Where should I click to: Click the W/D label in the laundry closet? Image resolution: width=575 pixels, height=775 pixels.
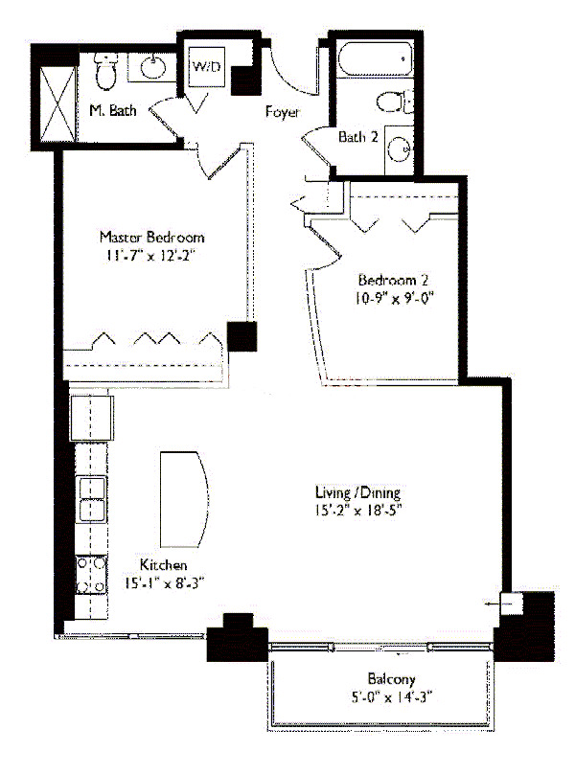click(205, 68)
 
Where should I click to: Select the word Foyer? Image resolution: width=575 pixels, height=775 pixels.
click(283, 112)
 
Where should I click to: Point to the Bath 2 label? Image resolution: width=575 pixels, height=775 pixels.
click(358, 137)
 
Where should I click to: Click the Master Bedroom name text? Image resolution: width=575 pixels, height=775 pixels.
click(152, 237)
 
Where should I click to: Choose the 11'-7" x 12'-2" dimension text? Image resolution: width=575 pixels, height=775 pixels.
click(152, 256)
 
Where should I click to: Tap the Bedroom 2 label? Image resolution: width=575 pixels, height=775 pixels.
click(392, 281)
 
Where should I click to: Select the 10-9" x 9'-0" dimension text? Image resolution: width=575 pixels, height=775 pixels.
click(392, 298)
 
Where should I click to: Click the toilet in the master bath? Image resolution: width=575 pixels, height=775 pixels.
click(106, 69)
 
